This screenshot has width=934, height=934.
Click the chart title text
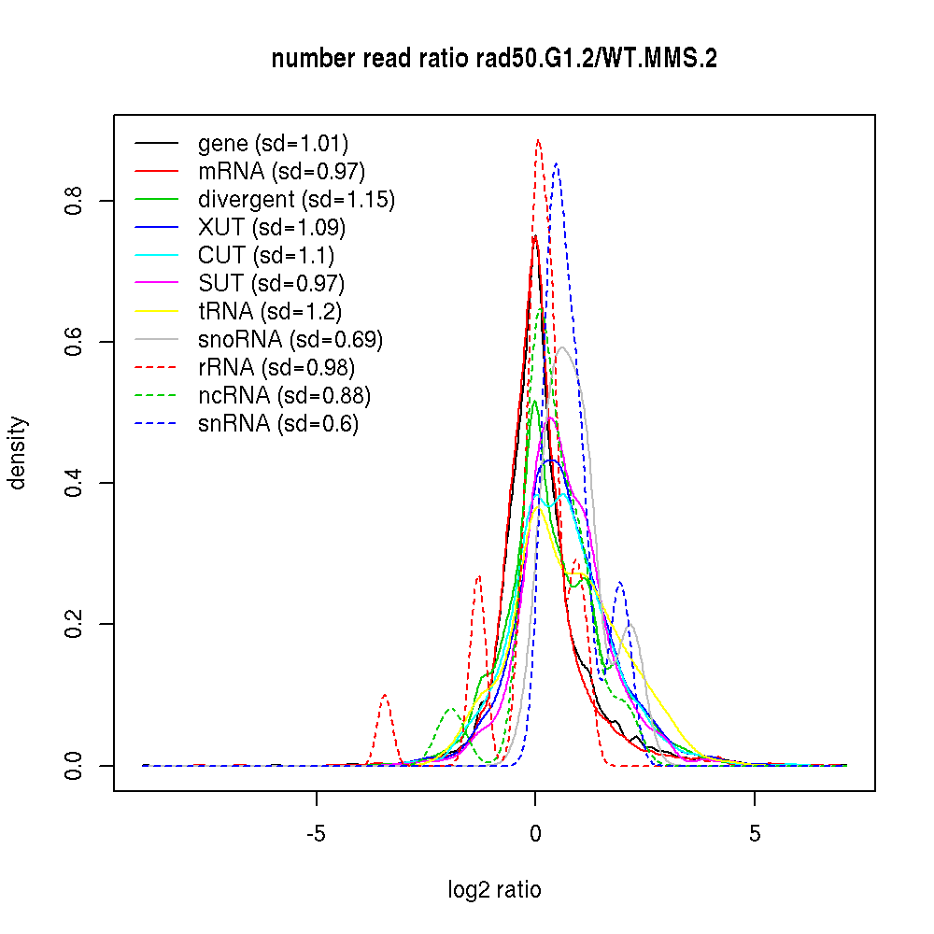[494, 60]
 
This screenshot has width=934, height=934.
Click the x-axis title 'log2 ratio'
[494, 889]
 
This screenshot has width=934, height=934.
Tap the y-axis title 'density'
[18, 452]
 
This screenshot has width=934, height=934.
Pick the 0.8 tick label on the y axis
[76, 201]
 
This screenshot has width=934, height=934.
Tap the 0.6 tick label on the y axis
[76, 342]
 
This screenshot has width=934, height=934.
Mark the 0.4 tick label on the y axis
[76, 483]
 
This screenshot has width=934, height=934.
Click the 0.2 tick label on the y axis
[76, 624]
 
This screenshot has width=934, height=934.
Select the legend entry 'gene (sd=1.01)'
[273, 144]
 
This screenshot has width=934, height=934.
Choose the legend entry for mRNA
[281, 172]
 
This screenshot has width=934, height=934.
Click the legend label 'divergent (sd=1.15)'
[296, 200]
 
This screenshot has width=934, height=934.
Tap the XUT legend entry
[272, 228]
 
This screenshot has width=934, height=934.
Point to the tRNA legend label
[263, 312]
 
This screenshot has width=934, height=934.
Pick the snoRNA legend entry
[290, 340]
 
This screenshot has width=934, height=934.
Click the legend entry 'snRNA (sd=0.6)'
[278, 424]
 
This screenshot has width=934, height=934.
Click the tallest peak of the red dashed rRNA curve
[538, 141]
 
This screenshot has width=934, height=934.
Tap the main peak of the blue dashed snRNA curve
[557, 164]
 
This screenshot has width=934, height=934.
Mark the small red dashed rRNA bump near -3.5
[384, 696]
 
